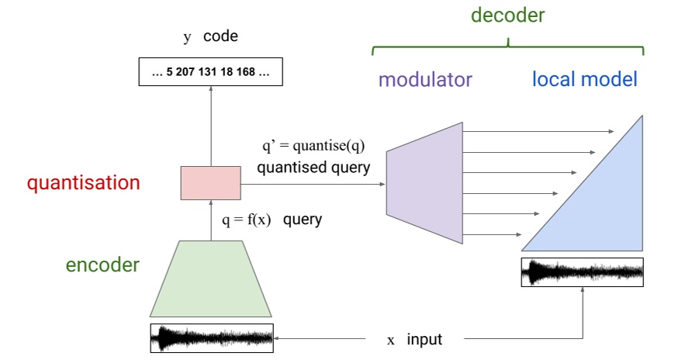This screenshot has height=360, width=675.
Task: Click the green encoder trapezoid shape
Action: pyautogui.click(x=211, y=279)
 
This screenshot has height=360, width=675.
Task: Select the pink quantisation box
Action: pyautogui.click(x=210, y=183)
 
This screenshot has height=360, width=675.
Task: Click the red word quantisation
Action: pyautogui.click(x=84, y=183)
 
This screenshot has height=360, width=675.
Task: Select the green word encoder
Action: pyautogui.click(x=102, y=265)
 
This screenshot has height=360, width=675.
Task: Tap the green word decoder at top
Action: pyautogui.click(x=507, y=16)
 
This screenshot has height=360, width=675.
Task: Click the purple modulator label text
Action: pyautogui.click(x=425, y=79)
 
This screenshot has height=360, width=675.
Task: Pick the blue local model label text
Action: pyautogui.click(x=584, y=79)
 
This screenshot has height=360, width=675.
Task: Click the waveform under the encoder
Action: pyautogui.click(x=211, y=338)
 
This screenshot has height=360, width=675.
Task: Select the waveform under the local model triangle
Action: pyautogui.click(x=583, y=272)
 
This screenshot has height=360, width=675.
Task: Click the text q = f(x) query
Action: pyautogui.click(x=272, y=220)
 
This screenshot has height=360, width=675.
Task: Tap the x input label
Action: pyautogui.click(x=414, y=339)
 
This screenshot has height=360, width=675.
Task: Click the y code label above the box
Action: pyautogui.click(x=210, y=37)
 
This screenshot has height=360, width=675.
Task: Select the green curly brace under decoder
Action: pyautogui.click(x=507, y=48)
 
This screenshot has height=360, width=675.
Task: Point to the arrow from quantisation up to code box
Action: pyautogui.click(x=210, y=124)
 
